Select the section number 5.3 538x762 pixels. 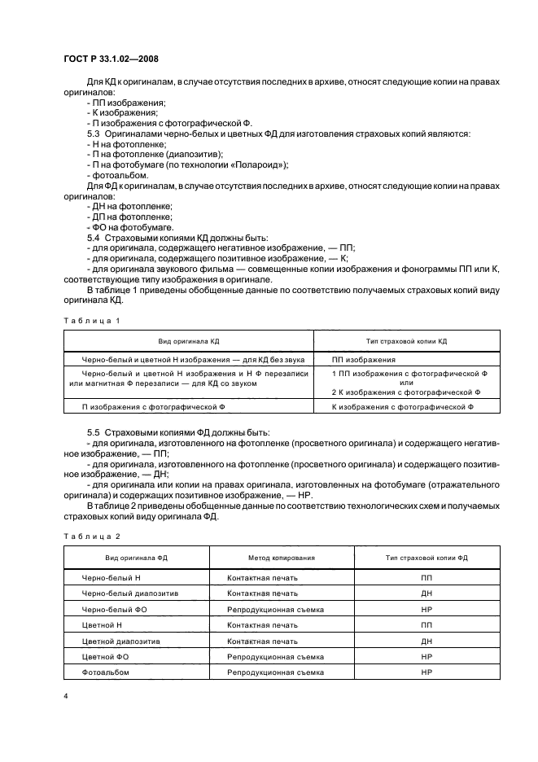coord(93,132)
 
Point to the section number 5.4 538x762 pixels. coord(93,237)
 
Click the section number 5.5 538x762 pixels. coord(93,431)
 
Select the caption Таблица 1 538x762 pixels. coord(91,321)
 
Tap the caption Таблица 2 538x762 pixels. coord(91,537)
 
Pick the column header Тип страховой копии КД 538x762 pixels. coord(402,341)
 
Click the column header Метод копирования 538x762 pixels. coord(281,558)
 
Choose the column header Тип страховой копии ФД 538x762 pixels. coord(426,558)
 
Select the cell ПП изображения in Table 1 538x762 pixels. coord(364,359)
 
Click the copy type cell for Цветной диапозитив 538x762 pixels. coord(426,641)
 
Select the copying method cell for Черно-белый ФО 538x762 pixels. coord(275,609)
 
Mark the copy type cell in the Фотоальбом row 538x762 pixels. coord(426,672)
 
